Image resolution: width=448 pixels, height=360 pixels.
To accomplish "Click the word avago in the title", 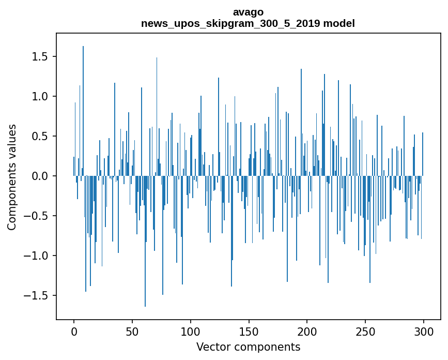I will [248, 12].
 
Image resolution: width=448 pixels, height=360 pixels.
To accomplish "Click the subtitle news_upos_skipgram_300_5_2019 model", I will [248, 23].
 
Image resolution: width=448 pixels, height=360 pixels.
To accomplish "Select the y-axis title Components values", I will [12, 176].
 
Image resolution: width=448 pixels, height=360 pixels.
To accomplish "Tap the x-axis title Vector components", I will [248, 347].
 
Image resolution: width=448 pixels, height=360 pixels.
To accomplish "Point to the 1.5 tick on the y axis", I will [40, 56].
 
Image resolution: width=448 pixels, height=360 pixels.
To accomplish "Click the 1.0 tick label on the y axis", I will [40, 96].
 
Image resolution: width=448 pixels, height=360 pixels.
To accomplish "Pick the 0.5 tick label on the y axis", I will [40, 137].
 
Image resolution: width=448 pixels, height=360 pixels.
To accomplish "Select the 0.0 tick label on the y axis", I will [40, 176].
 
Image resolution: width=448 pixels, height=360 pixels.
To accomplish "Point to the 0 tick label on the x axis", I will [74, 331].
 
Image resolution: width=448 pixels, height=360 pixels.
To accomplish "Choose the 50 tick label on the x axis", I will [132, 331].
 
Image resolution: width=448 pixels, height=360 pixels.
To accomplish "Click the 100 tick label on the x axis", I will [190, 331].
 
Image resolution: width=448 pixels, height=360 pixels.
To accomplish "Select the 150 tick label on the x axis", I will [249, 331].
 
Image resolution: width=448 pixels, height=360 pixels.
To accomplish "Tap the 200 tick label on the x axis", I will [307, 331].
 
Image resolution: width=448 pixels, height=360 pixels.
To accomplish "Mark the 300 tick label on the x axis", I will [423, 331].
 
